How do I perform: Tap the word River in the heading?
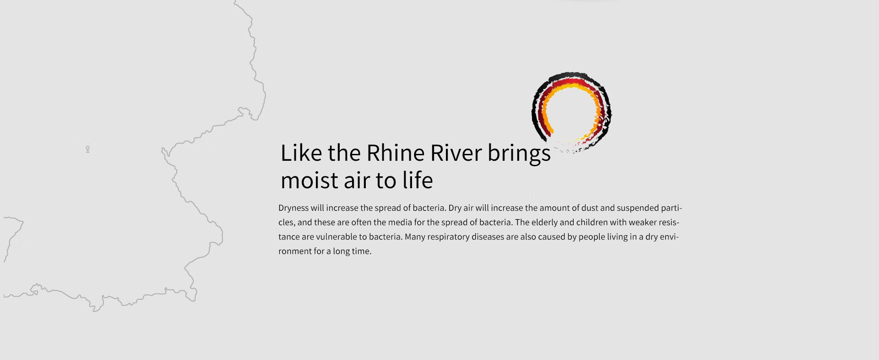click(456, 153)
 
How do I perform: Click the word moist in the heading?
click(309, 180)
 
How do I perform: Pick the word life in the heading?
click(418, 180)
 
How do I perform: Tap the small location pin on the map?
click(87, 149)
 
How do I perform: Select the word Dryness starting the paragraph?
click(293, 208)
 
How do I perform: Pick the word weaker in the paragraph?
click(642, 223)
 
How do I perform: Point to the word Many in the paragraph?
click(415, 237)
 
